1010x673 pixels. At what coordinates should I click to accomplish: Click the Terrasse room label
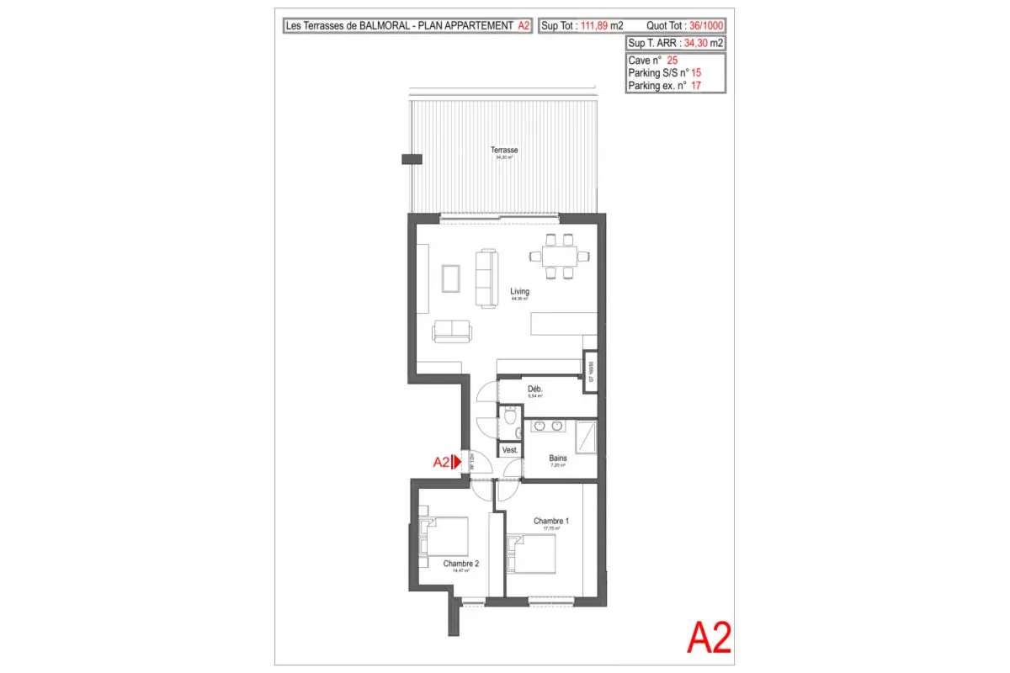pos(505,151)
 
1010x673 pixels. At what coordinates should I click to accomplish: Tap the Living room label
pos(519,292)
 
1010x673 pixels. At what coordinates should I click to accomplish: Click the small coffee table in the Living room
pos(451,278)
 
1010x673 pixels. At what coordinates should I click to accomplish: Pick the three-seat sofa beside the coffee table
pos(486,278)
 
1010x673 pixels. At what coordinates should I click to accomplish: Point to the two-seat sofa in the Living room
pos(453,331)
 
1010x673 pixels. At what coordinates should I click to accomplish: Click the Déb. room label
pos(534,389)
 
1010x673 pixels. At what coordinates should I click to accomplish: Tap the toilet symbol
pos(510,417)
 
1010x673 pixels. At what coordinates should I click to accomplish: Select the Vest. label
pos(509,451)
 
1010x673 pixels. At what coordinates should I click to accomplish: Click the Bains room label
pos(558,458)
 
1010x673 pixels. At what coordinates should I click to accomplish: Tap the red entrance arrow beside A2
pos(454,461)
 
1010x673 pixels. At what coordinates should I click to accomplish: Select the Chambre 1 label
pos(551,522)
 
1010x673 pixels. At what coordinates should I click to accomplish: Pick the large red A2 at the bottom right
pos(709,639)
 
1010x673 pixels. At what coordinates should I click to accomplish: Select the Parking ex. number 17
pos(696,85)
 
